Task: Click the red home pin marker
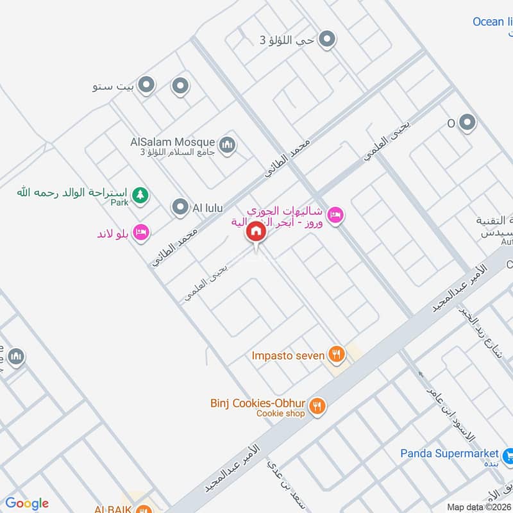point(256,231)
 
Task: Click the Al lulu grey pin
point(180,207)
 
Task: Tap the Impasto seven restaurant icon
point(335,353)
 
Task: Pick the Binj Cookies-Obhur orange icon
point(316,405)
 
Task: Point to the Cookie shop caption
point(280,414)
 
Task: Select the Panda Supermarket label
point(449,453)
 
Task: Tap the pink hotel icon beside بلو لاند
point(142,231)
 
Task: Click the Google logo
point(27,503)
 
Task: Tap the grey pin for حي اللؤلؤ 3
point(327,40)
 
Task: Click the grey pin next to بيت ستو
point(147,85)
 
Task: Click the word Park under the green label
point(119,203)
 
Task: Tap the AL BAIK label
point(114,509)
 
